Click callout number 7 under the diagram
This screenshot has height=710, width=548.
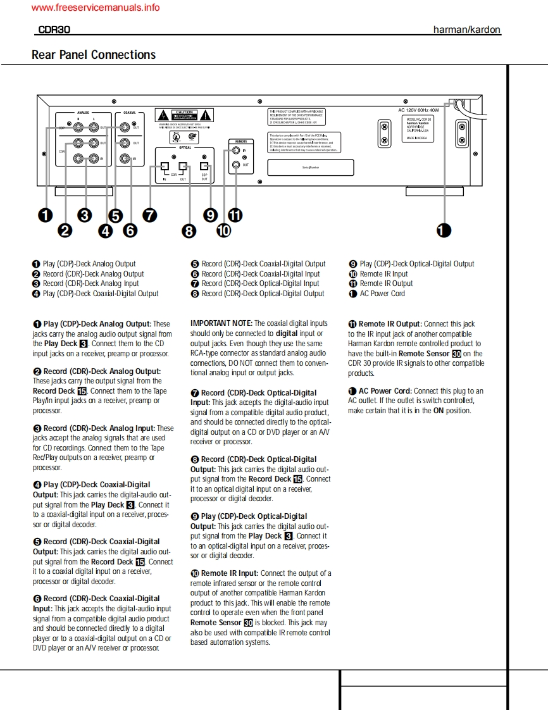(x=149, y=215)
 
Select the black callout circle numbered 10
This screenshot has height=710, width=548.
(x=223, y=231)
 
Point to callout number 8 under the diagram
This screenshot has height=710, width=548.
(x=189, y=231)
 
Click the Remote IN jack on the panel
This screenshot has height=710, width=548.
(x=235, y=151)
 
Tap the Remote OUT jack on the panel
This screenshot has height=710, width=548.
(x=235, y=165)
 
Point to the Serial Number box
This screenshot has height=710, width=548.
(x=310, y=167)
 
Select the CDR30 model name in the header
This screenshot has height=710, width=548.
(x=49, y=30)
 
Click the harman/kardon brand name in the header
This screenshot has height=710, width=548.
(x=467, y=30)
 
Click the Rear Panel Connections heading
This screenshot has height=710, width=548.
(x=94, y=55)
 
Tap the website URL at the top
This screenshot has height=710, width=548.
(x=95, y=8)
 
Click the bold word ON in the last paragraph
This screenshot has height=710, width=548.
(x=438, y=411)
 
